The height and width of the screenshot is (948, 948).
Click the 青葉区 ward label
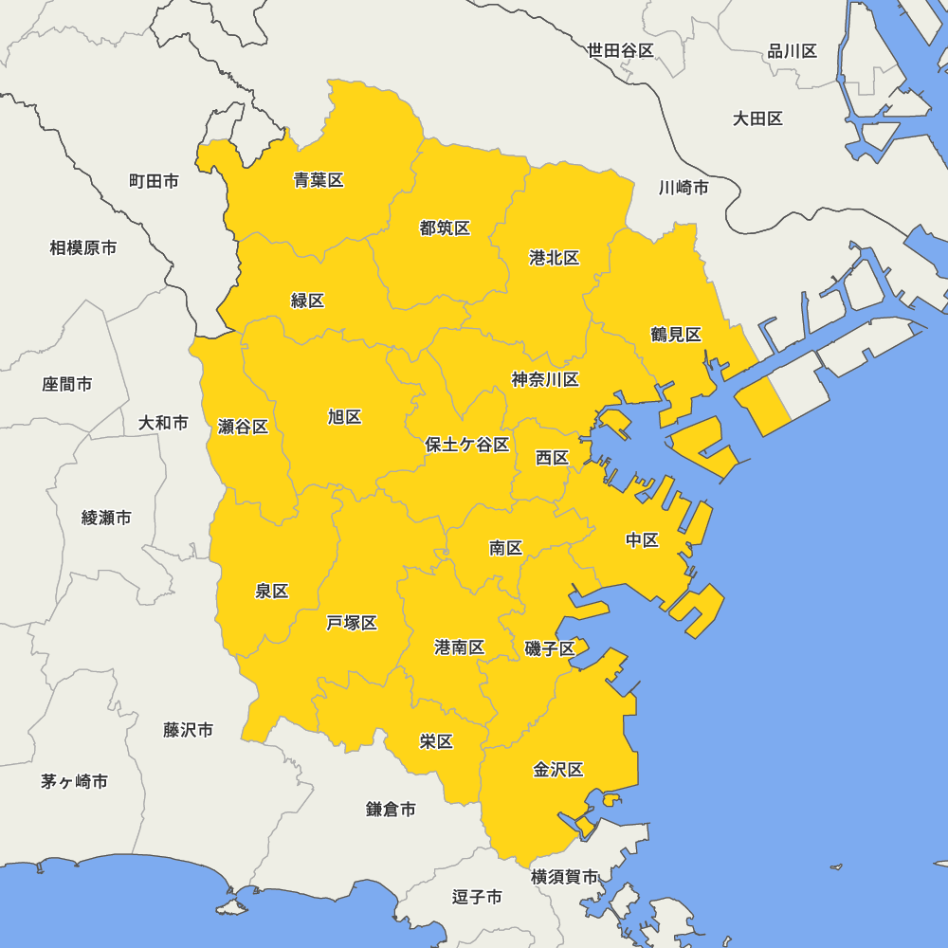click(319, 180)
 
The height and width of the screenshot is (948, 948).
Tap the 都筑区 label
click(445, 228)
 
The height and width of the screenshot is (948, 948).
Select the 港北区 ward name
click(555, 258)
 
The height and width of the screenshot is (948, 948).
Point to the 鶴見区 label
click(676, 334)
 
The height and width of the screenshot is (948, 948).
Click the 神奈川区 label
click(545, 379)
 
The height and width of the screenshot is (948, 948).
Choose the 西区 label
click(552, 458)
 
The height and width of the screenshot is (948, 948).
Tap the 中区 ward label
click(642, 540)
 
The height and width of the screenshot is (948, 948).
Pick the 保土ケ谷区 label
click(467, 444)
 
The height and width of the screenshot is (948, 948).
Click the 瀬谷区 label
click(244, 427)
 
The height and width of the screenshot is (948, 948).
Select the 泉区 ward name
click(272, 591)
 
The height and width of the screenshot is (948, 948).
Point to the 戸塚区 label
click(352, 622)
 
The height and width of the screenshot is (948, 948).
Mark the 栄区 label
click(436, 741)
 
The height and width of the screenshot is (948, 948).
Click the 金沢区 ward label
click(558, 770)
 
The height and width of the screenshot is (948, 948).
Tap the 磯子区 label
click(550, 648)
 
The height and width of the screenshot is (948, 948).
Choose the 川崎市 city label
click(684, 187)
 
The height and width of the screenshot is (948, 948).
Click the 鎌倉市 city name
click(391, 810)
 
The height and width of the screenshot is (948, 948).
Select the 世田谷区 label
click(621, 50)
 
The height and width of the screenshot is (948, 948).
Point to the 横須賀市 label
click(565, 877)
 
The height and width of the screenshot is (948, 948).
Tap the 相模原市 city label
click(83, 247)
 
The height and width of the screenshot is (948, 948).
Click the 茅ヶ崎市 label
click(74, 782)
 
